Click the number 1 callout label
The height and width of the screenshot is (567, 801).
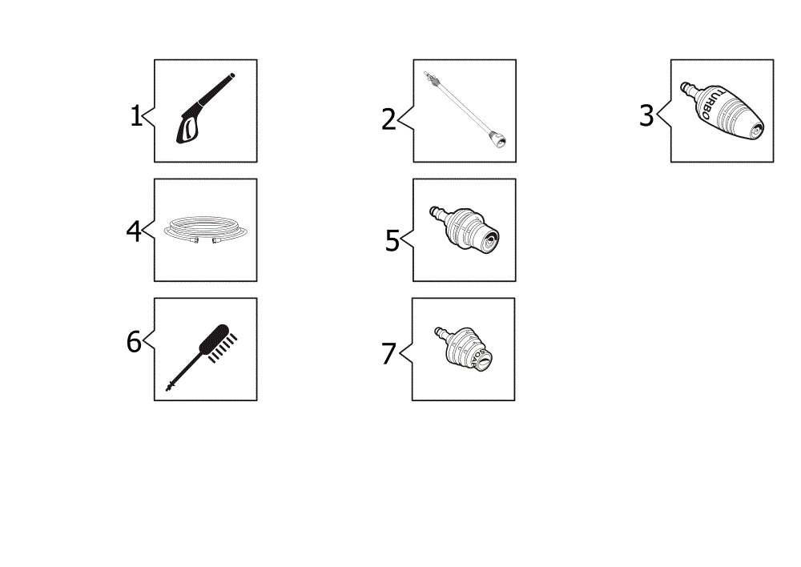136,116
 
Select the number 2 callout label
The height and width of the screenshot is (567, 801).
388,119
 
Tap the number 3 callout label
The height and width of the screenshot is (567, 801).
646,115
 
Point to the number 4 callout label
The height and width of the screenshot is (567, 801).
133,231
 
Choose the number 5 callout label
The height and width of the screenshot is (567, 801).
392,240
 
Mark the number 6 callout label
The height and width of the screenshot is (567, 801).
134,342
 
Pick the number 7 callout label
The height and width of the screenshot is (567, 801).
388,353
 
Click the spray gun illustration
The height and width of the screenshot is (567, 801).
205,108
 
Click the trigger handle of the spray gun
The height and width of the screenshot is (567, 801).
187,127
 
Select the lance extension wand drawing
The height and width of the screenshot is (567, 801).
465,110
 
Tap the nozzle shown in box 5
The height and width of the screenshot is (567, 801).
465,229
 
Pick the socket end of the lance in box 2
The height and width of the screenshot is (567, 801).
497,139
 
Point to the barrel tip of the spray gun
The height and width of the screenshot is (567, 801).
231,76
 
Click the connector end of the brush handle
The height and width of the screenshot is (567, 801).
170,386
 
